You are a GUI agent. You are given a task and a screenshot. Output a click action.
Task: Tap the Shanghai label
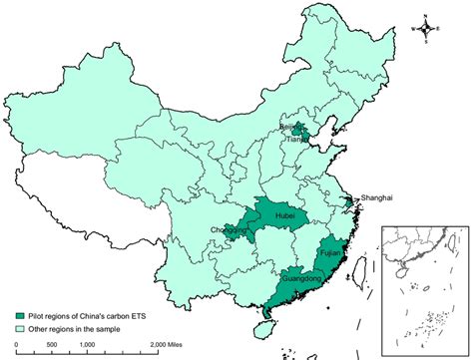point(376,197)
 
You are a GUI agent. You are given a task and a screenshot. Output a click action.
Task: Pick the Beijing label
point(316,128)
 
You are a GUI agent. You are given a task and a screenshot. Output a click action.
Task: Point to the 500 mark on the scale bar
point(50,344)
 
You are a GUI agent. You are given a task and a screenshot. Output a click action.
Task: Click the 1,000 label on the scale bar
point(87,344)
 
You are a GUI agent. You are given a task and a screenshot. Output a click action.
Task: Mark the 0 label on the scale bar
point(16,344)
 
